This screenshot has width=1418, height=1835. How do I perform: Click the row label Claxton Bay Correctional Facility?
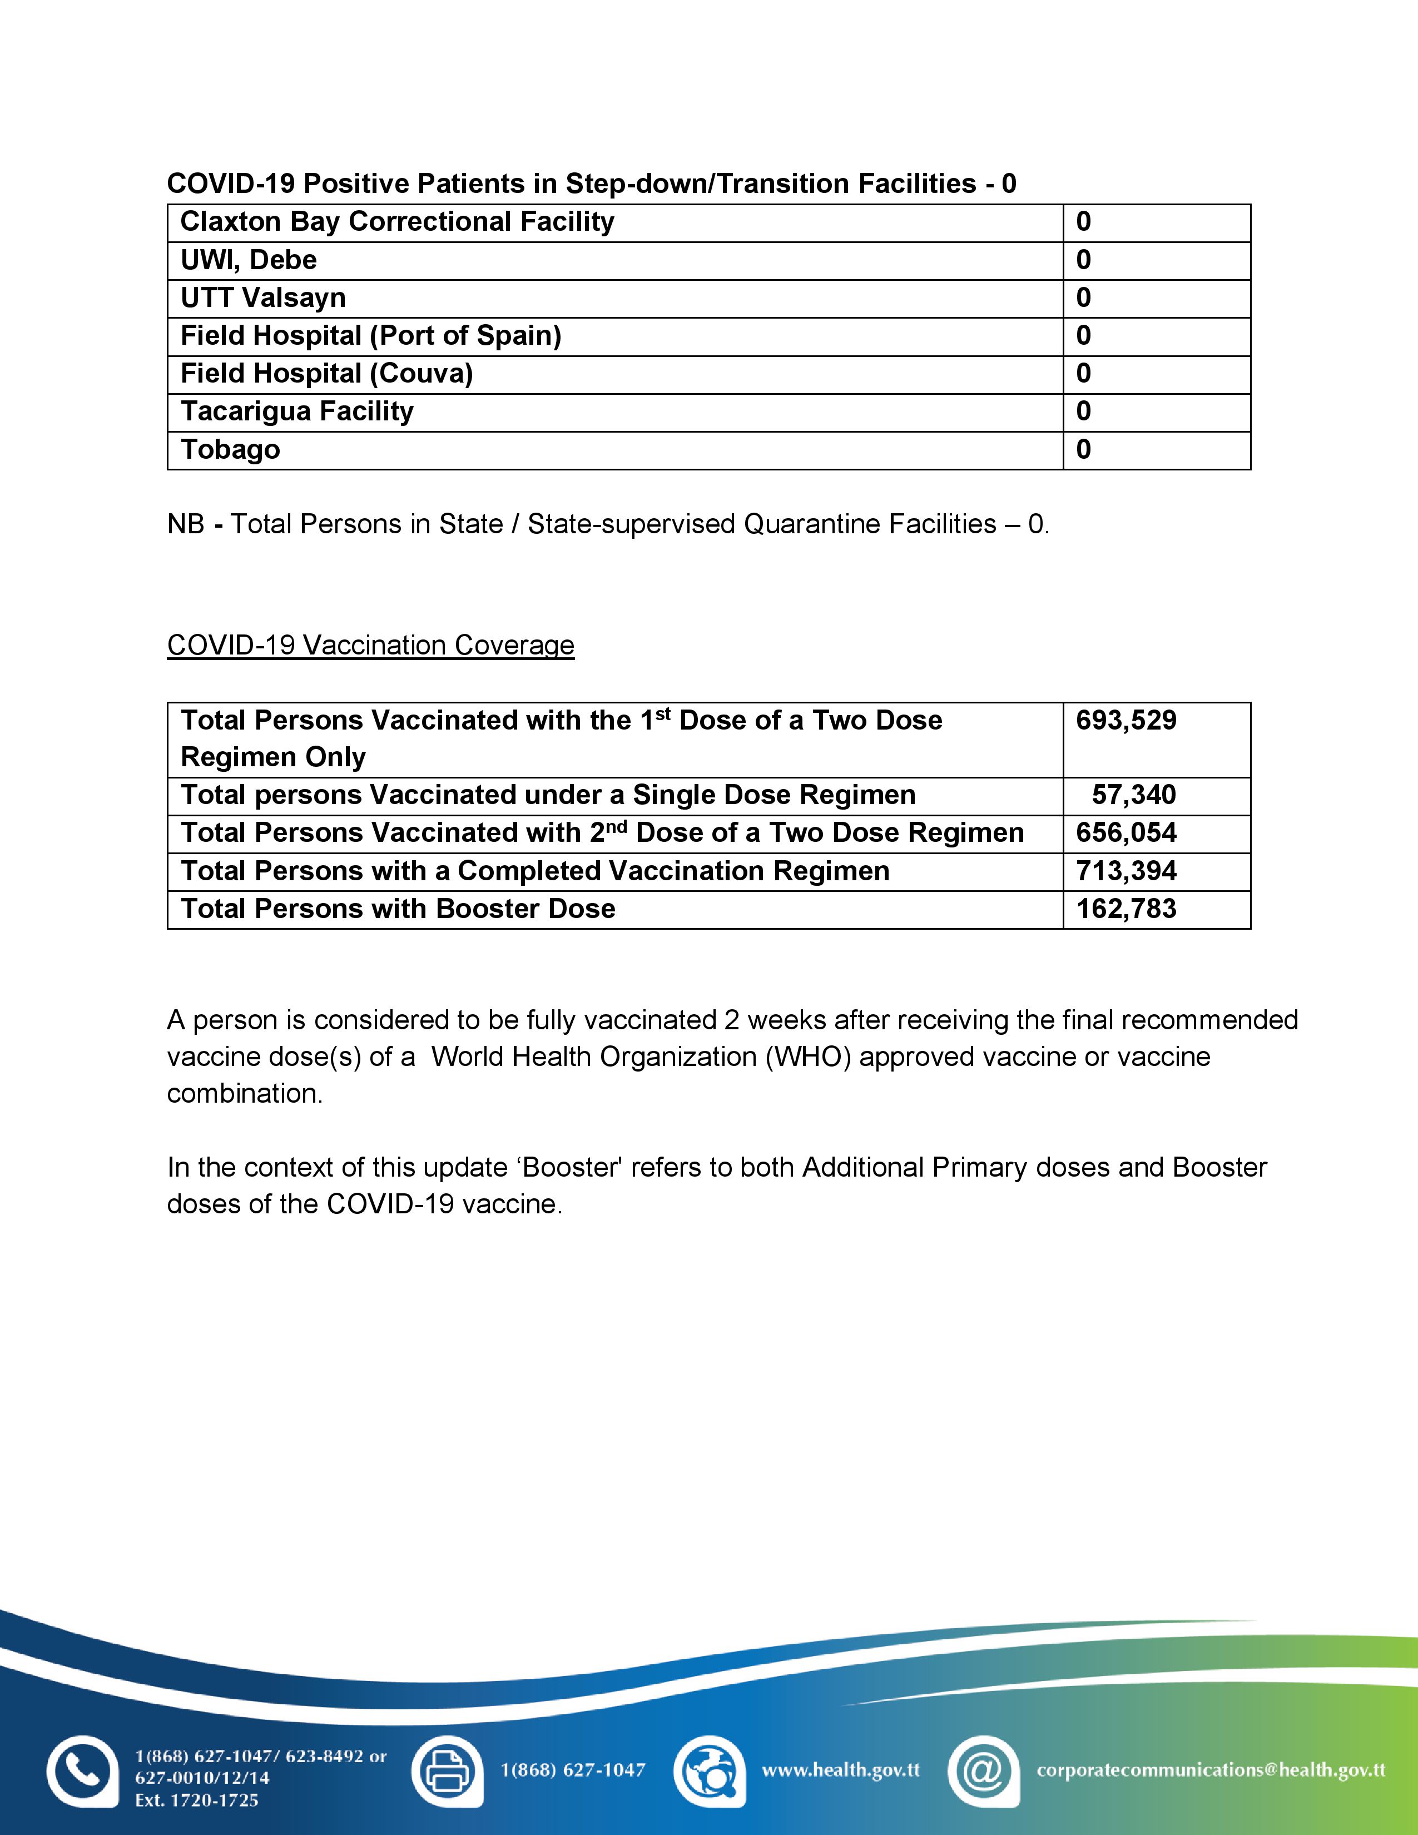pos(398,222)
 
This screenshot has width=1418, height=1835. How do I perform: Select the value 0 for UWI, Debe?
pos(1084,260)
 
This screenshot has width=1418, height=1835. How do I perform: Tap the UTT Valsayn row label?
pos(263,297)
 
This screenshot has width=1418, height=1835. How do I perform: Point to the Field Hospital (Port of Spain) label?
pos(370,335)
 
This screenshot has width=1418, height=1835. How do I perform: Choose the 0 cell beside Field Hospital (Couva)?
pos(1084,373)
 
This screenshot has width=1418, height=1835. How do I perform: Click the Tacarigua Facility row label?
pos(298,411)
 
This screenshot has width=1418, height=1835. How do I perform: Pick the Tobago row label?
pos(230,449)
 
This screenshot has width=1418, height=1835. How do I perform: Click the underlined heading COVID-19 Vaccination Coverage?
pos(370,644)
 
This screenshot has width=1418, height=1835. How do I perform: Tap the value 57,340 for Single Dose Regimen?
pos(1133,795)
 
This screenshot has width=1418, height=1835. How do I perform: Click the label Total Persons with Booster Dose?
pos(398,908)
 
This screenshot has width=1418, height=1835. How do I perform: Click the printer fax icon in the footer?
pos(447,1770)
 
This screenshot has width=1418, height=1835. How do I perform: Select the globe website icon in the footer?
pos(709,1770)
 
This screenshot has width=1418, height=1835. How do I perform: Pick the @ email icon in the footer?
pos(983,1770)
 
